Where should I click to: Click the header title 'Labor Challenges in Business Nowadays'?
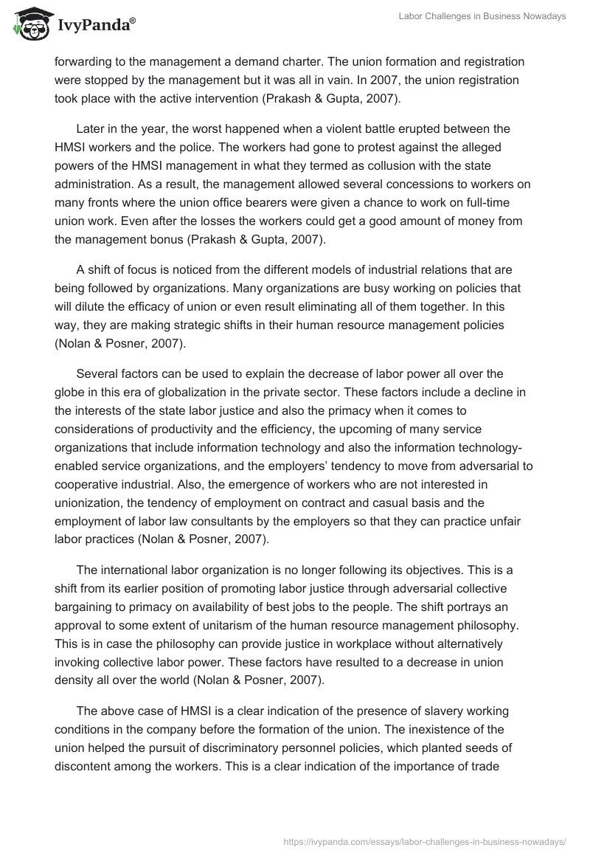coord(482,17)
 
